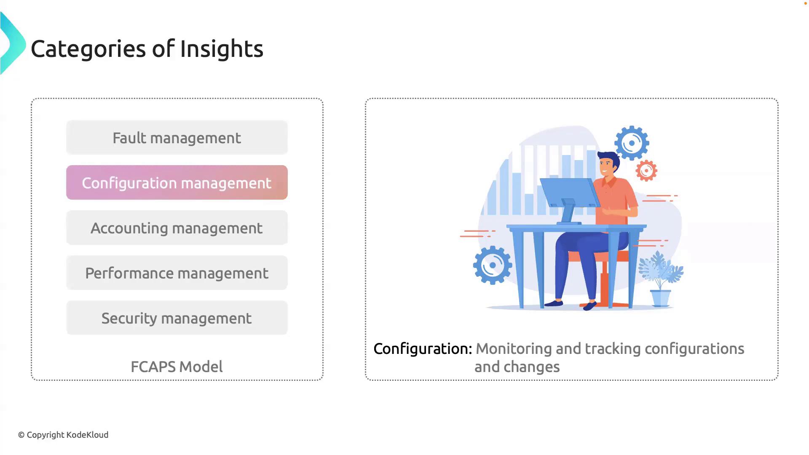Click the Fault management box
(x=177, y=137)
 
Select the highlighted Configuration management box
(x=177, y=182)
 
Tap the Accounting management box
(x=177, y=227)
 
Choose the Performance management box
(x=177, y=273)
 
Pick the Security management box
(x=177, y=318)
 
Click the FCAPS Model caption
(x=177, y=367)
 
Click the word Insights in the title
(x=222, y=48)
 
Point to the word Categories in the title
(x=88, y=48)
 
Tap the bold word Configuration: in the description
(x=423, y=349)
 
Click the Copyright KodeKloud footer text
(x=63, y=435)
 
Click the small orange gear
(x=646, y=171)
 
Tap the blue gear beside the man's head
(x=632, y=143)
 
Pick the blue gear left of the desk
(x=493, y=265)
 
